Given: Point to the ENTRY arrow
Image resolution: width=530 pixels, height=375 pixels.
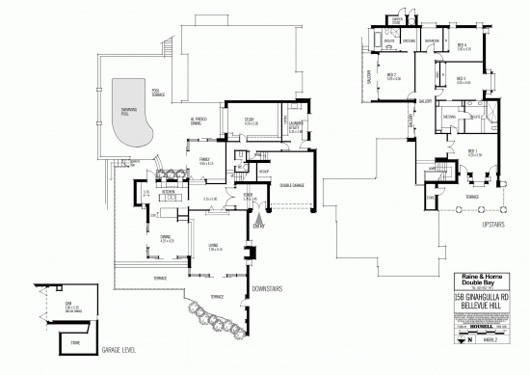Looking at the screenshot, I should coord(258,220).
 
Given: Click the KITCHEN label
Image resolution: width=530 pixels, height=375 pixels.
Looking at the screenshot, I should coord(168,192).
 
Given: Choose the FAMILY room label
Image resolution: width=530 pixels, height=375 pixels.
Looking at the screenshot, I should coord(205,161).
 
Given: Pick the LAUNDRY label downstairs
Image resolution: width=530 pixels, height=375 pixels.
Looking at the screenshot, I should coord(296,125).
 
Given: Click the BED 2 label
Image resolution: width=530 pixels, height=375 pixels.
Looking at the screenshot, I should coord(393,76).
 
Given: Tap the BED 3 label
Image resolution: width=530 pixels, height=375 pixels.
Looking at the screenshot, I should coord(463,79).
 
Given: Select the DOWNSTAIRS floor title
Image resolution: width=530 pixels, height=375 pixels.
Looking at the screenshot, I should coord(266,288).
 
